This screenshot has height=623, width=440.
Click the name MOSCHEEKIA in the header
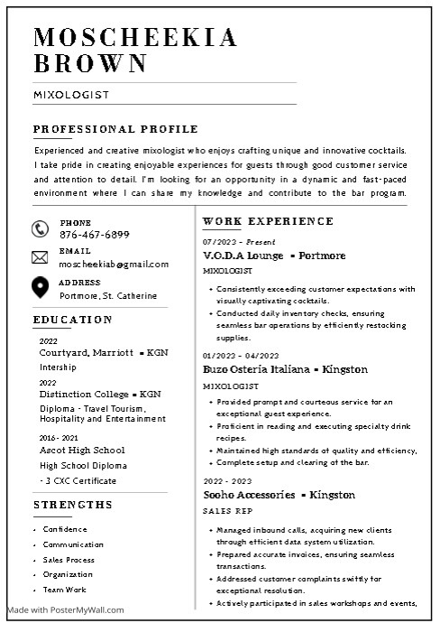click(x=135, y=37)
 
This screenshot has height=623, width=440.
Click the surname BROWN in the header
click(x=90, y=63)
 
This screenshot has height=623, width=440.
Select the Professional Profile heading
click(x=115, y=129)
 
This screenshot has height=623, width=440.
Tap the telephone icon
click(x=40, y=228)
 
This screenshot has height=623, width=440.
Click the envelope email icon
click(x=40, y=257)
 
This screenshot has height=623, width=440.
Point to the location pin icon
click(x=40, y=288)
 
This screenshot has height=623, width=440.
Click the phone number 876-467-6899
click(x=94, y=235)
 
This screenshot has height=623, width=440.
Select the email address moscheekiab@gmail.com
click(x=114, y=264)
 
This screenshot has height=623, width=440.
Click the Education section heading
click(x=73, y=320)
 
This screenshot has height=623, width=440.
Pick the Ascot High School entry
click(x=82, y=450)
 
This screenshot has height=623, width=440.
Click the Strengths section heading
click(x=73, y=504)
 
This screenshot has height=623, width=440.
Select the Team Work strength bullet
click(x=65, y=589)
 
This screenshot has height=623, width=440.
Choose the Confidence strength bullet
click(x=65, y=529)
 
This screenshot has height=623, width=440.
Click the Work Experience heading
click(x=268, y=221)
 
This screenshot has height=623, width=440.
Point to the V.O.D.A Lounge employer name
click(x=245, y=256)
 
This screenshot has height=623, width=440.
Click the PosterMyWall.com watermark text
click(x=65, y=609)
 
